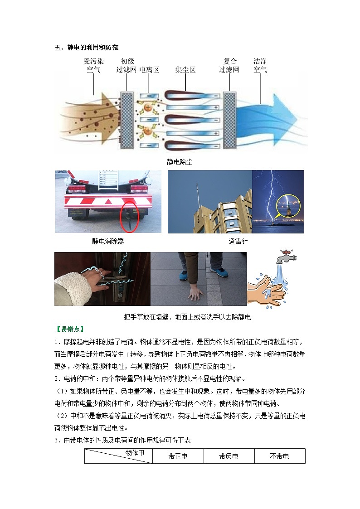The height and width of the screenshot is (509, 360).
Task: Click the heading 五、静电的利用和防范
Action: pos(86,48)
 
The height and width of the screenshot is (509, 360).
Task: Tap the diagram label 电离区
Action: pos(149,70)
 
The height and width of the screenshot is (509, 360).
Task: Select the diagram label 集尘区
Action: pos(185,70)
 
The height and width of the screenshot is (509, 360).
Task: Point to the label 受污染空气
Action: pos(93,65)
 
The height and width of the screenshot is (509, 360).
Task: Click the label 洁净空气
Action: pos(260,65)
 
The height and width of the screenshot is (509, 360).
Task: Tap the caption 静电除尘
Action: pos(180,162)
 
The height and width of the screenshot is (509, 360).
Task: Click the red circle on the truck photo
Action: pos(130,217)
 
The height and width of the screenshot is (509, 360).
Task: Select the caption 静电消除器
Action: pos(108,241)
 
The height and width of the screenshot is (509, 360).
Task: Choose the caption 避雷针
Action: pos(238,241)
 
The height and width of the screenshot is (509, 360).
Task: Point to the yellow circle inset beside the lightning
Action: pos(288,206)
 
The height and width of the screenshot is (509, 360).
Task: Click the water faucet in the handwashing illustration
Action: pos(286,256)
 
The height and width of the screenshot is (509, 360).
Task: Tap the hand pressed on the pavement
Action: pos(196,293)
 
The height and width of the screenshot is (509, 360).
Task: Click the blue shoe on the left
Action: pos(186,275)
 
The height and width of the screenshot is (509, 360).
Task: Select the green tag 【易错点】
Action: pos(70,329)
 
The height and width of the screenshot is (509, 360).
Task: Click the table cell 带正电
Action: pos(178,456)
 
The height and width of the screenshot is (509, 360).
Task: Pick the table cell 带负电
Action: pos(229,456)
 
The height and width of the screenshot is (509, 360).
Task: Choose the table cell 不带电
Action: pos(279,456)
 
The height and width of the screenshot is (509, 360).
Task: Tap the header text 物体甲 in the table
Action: pos(135,453)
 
